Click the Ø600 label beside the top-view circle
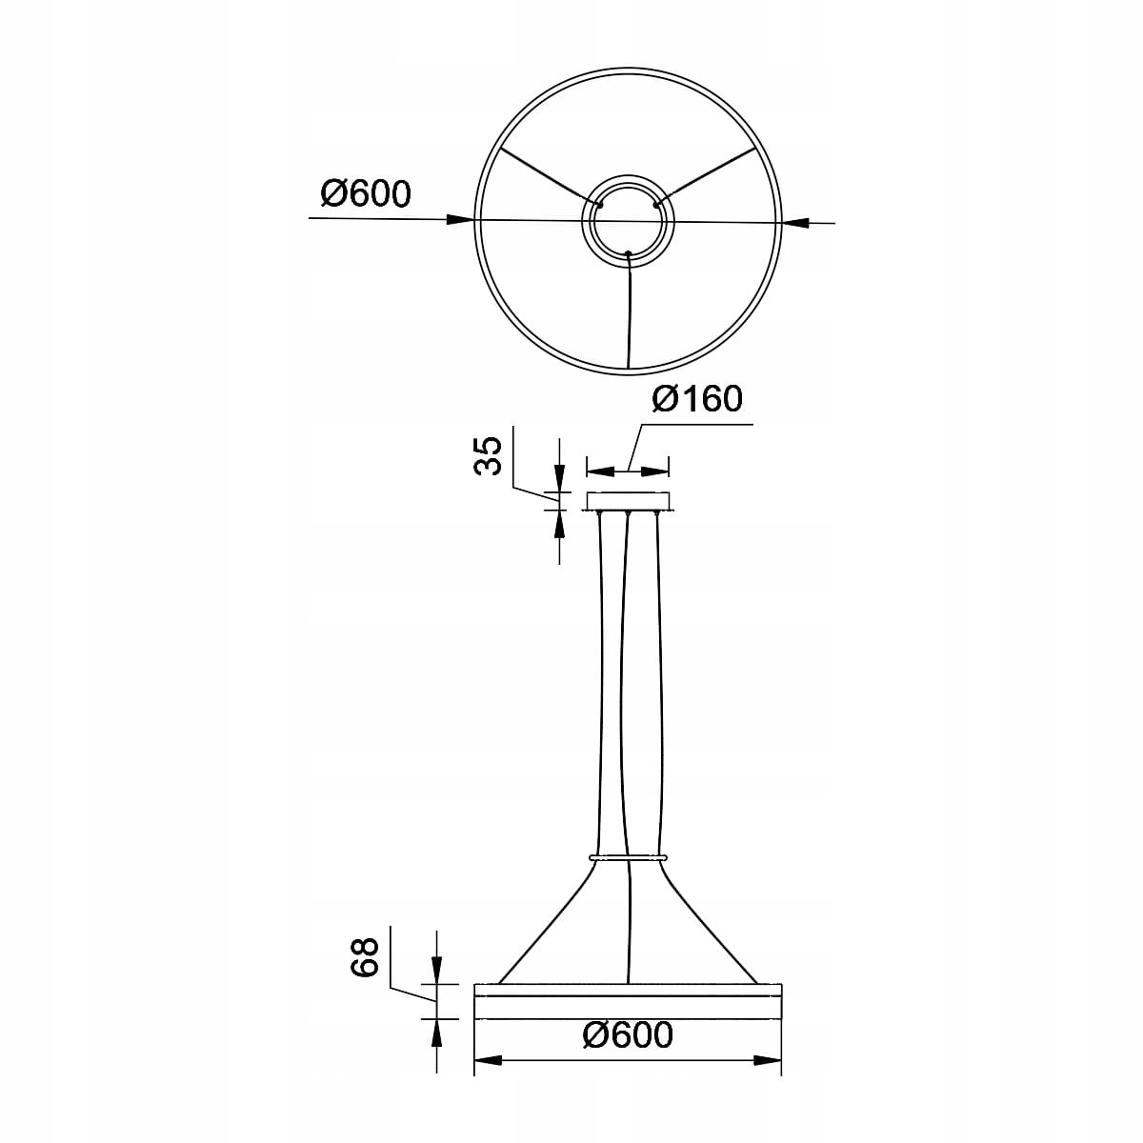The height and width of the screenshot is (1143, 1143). pyautogui.click(x=366, y=193)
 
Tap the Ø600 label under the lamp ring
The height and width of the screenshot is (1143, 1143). pyautogui.click(x=628, y=1034)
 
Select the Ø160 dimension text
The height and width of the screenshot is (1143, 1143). pyautogui.click(x=697, y=398)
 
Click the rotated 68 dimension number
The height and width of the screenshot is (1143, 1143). pyautogui.click(x=364, y=956)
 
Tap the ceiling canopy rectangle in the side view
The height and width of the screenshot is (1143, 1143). pyautogui.click(x=628, y=501)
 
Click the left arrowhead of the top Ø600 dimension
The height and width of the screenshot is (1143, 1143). pyautogui.click(x=460, y=219)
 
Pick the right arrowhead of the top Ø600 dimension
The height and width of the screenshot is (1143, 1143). pyautogui.click(x=795, y=223)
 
